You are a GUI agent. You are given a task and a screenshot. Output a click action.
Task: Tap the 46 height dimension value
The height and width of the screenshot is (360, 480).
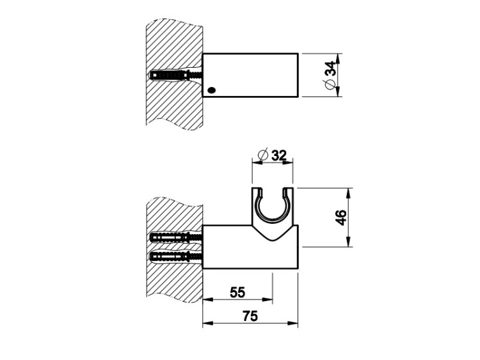click(x=341, y=217)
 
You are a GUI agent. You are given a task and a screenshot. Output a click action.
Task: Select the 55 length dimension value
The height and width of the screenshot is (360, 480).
click(x=237, y=292)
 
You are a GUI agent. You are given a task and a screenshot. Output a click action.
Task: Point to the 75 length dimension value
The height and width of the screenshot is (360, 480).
click(x=250, y=317)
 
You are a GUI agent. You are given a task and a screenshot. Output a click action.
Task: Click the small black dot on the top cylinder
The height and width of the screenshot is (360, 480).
click(x=212, y=90)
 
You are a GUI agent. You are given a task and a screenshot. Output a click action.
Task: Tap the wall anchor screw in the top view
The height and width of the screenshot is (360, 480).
click(x=175, y=75)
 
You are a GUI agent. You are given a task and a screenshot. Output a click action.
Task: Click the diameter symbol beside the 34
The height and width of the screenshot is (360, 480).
click(x=330, y=85)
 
